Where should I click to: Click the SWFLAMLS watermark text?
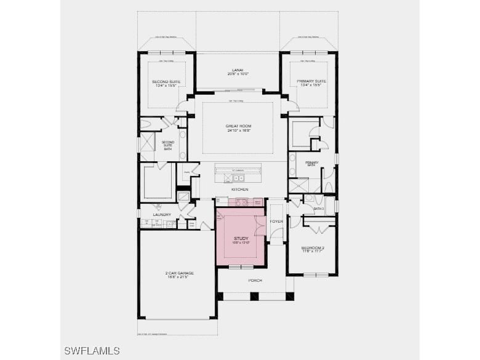92,351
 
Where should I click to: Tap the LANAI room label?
238,70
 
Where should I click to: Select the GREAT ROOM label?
238,126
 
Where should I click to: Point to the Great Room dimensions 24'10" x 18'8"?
238,131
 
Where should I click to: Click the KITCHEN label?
239,189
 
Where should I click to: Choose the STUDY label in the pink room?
240,238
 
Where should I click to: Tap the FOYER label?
277,222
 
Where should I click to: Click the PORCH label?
255,281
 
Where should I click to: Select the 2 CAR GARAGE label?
178,273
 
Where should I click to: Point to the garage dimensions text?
178,278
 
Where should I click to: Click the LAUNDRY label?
162,215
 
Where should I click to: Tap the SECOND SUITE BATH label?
168,145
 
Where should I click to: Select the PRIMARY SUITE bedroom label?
311,81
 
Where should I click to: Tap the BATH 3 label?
318,209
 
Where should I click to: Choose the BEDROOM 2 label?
313,247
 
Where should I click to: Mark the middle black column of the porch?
255,296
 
